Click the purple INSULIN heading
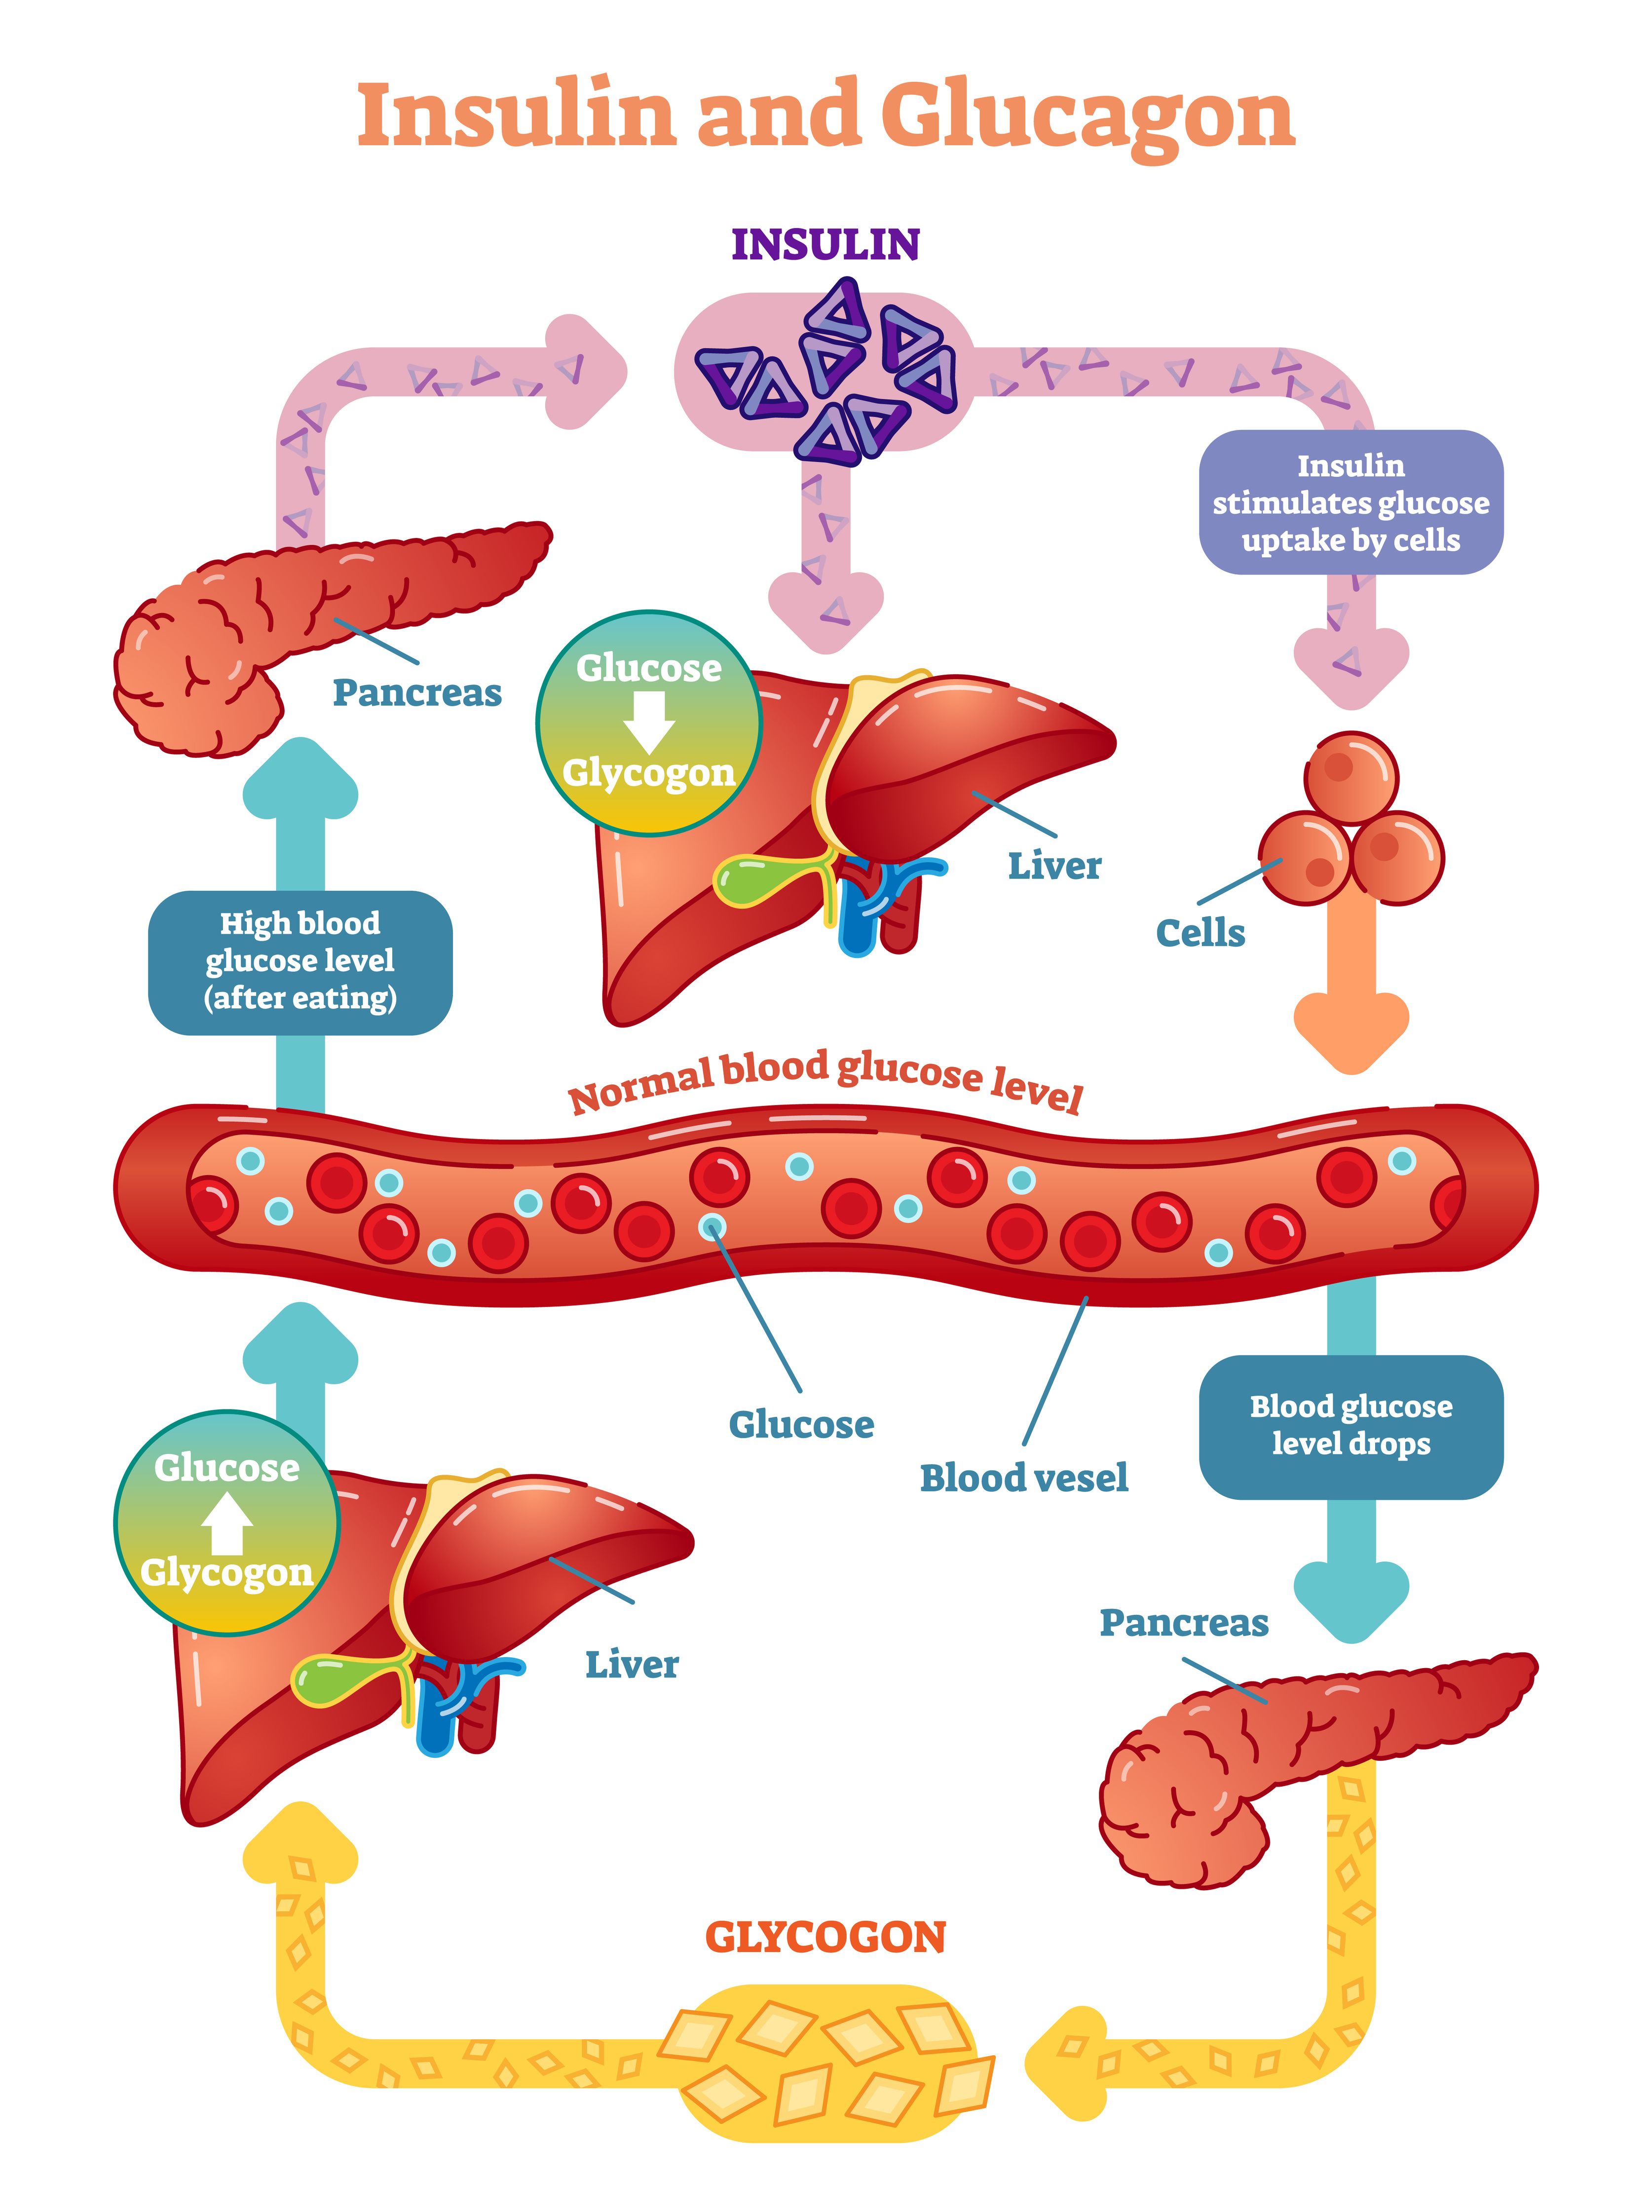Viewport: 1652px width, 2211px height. coord(826,245)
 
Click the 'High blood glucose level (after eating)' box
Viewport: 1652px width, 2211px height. coord(300,961)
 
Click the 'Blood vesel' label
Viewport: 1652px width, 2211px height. coord(1023,1477)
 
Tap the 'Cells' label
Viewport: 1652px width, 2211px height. coord(1201,933)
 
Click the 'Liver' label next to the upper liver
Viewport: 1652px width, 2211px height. coord(1054,866)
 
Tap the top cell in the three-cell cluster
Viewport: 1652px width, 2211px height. coord(1351,778)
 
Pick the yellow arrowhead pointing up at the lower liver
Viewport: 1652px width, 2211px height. coord(300,1844)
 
